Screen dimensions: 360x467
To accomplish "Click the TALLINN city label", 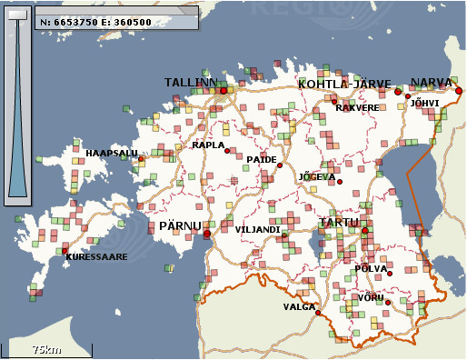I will [x=191, y=83].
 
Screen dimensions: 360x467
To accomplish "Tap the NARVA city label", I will [x=431, y=83].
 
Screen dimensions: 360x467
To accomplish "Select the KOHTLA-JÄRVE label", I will [x=344, y=84].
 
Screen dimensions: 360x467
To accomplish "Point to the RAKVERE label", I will [x=357, y=107].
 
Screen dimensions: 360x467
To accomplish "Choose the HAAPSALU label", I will [x=112, y=153].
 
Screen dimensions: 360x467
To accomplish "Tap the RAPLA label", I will [x=208, y=145].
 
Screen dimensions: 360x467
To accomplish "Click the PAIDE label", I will [x=262, y=159].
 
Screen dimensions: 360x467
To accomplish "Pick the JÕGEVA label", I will [x=318, y=176].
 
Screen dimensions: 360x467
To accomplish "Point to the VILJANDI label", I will [x=257, y=229].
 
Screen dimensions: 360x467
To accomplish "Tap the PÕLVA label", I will [x=373, y=268].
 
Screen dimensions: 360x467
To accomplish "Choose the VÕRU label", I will [x=371, y=297].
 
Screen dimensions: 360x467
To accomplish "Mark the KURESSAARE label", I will [x=96, y=257].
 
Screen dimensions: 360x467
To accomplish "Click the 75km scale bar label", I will [x=46, y=349].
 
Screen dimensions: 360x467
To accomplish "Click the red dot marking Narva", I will [x=459, y=91].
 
